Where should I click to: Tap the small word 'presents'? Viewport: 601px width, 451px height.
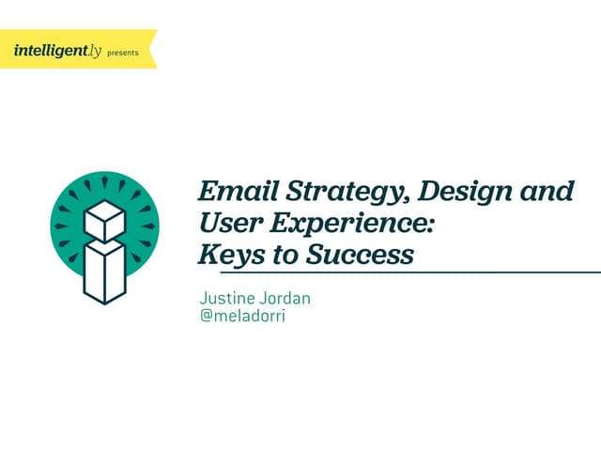pos(123,54)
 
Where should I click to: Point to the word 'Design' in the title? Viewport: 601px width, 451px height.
pos(463,192)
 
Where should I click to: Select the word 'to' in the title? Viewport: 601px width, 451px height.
pos(279,255)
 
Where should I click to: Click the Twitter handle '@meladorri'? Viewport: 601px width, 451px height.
pos(242,317)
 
